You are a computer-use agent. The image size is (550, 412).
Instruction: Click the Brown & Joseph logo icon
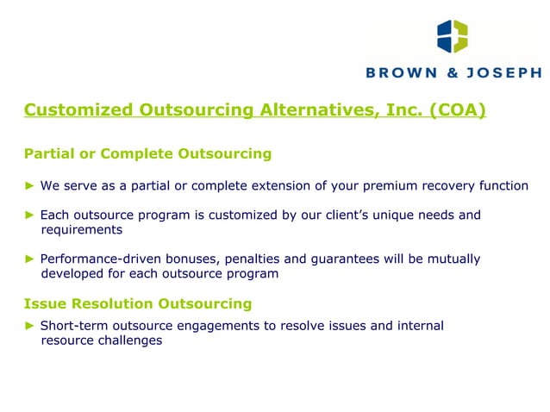pyautogui.click(x=453, y=37)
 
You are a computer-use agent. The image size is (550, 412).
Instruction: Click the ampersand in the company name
pyautogui.click(x=453, y=74)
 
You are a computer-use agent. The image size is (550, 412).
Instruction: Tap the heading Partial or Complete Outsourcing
pyautogui.click(x=147, y=154)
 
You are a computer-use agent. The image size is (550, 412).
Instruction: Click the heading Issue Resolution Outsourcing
pyautogui.click(x=138, y=303)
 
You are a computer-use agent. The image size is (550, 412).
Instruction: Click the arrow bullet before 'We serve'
pyautogui.click(x=29, y=186)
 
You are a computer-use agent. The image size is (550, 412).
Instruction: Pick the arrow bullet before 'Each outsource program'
pyautogui.click(x=29, y=215)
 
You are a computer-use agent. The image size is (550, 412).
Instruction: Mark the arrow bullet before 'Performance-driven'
pyautogui.click(x=29, y=259)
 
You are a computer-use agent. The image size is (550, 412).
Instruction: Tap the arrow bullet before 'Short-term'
pyautogui.click(x=29, y=326)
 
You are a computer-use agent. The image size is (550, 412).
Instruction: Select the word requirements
pyautogui.click(x=82, y=230)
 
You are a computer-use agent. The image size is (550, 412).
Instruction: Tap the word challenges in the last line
pyautogui.click(x=129, y=340)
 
